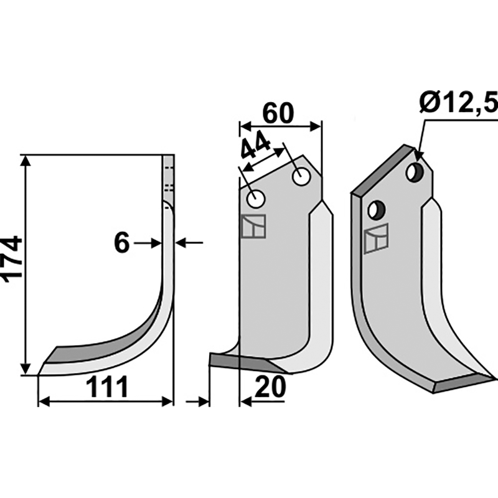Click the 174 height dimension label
[12, 259]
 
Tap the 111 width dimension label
[107, 387]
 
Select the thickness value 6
[121, 243]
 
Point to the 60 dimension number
[278, 113]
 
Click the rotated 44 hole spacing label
[256, 144]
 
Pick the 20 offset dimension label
[270, 387]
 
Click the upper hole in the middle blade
[301, 177]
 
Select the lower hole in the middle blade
[256, 199]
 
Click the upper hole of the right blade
[415, 172]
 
